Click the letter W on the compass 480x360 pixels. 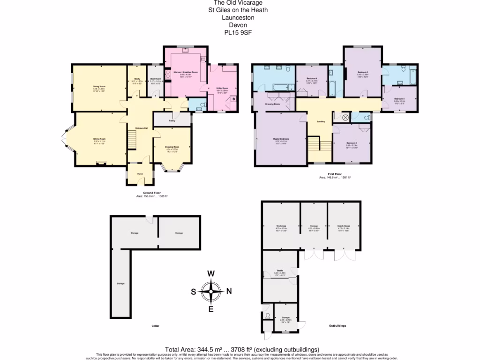pyautogui.click(x=211, y=274)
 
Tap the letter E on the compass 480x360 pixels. pyautogui.click(x=211, y=308)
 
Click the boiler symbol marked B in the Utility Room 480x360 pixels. pyautogui.click(x=233, y=99)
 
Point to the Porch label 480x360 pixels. pyautogui.click(x=140, y=174)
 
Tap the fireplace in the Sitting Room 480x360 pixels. pyautogui.click(x=99, y=163)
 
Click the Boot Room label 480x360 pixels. pyautogui.click(x=155, y=79)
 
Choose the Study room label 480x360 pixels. pyautogui.click(x=137, y=79)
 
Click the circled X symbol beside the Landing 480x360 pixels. pyautogui.click(x=345, y=117)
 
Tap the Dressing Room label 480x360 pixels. pyautogui.click(x=272, y=104)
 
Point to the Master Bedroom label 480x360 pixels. pyautogui.click(x=281, y=139)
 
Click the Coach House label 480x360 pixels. pyautogui.click(x=344, y=225)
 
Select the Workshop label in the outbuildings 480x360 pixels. pyautogui.click(x=281, y=225)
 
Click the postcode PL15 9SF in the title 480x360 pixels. pyautogui.click(x=238, y=32)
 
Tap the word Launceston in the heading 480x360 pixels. pyautogui.click(x=238, y=17)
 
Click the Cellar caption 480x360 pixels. pyautogui.click(x=155, y=325)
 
